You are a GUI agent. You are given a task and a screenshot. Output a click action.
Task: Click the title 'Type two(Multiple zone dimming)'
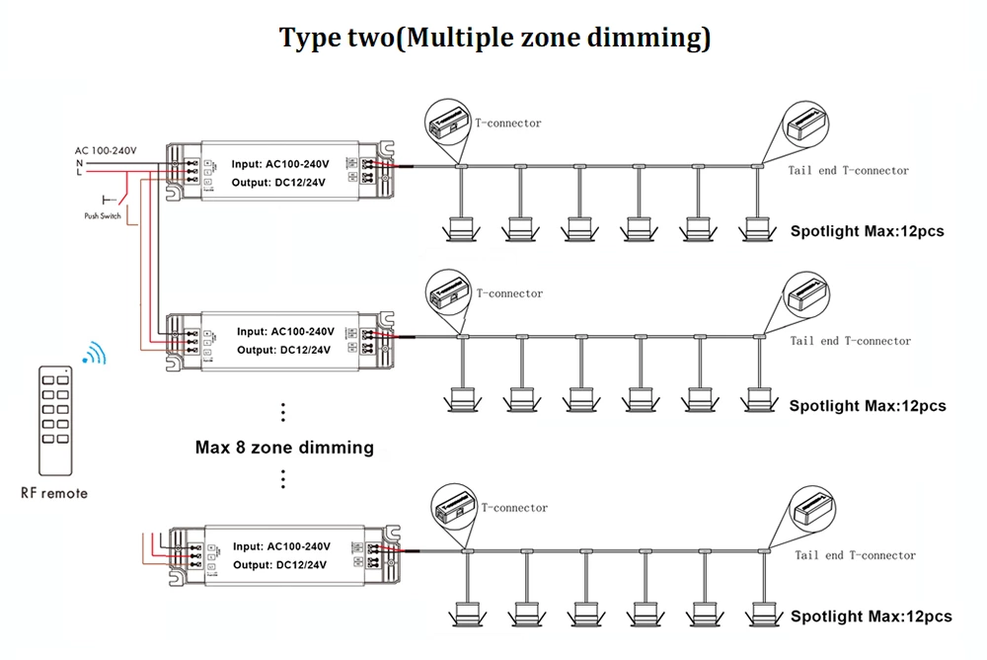[x=494, y=39]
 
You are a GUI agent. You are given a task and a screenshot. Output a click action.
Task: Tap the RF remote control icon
[x=54, y=421]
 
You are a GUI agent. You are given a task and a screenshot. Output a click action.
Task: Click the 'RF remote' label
[x=54, y=493]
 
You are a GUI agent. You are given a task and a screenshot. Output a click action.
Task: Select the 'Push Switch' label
[x=103, y=215]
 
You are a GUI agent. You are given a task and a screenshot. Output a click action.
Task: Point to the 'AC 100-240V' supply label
[x=106, y=150]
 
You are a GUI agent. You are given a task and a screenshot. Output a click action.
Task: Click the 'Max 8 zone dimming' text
[x=284, y=448]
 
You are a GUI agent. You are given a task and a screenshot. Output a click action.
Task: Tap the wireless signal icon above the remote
[x=94, y=354]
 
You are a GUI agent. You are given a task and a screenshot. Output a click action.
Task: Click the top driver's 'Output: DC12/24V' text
[x=278, y=182]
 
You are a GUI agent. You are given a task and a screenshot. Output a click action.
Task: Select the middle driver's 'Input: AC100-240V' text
[x=285, y=331]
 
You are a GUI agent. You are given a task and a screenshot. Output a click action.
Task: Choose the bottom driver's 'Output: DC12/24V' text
[x=280, y=564]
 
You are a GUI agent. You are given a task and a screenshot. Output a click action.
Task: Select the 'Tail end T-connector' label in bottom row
[x=855, y=555]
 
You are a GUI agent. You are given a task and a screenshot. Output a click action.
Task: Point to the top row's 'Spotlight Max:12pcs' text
[x=867, y=232]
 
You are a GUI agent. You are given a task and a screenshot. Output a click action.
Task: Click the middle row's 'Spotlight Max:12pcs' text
[x=868, y=406]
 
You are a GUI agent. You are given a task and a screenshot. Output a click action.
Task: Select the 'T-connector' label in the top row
[x=508, y=124]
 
